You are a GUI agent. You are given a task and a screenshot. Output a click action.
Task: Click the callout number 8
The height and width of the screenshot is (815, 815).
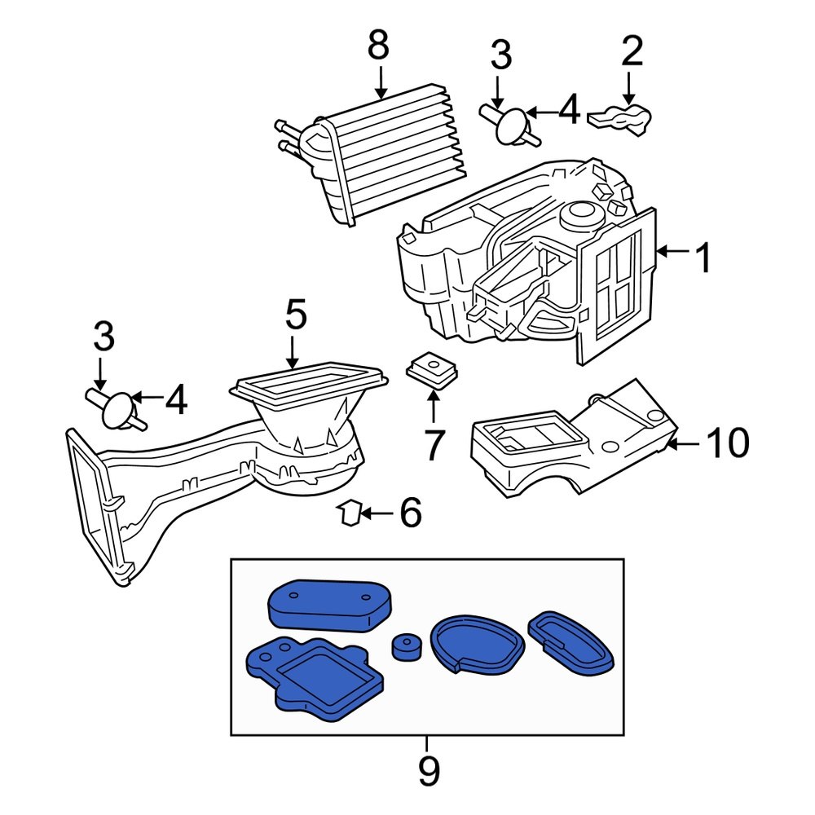[378, 46]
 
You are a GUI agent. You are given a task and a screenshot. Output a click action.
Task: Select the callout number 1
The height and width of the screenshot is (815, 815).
[703, 259]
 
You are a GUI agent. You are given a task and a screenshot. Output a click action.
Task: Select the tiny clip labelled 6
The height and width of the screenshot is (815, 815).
[350, 513]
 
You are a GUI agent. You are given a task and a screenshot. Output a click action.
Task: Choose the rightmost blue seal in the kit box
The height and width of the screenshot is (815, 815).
[570, 641]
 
